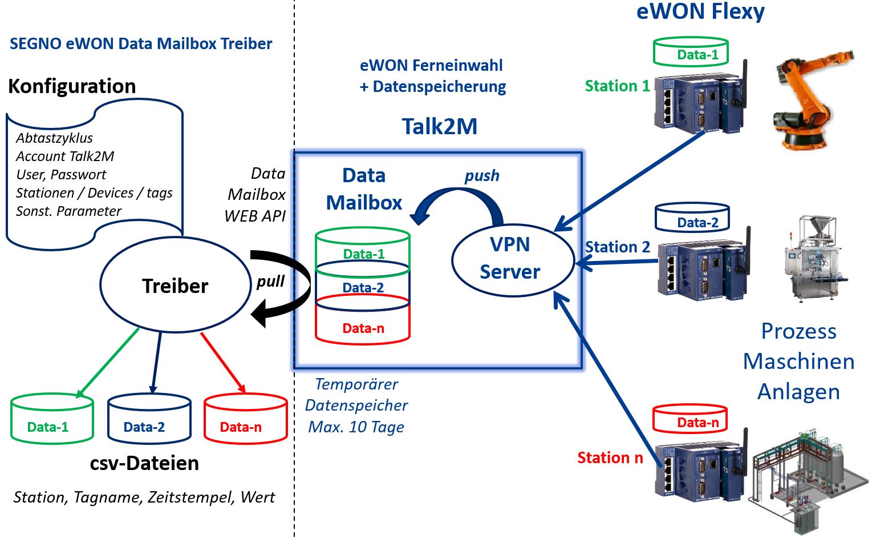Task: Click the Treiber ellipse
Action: pyautogui.click(x=175, y=286)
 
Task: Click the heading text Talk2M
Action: pyautogui.click(x=439, y=126)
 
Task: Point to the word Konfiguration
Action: pyautogui.click(x=72, y=86)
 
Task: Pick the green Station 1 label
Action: pyautogui.click(x=617, y=86)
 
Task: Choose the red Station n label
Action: pyautogui.click(x=610, y=458)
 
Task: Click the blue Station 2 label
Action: pyautogui.click(x=617, y=247)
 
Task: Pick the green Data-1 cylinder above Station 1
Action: pyautogui.click(x=691, y=53)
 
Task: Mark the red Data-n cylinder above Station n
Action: pyautogui.click(x=690, y=420)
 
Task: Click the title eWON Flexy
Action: pyautogui.click(x=700, y=11)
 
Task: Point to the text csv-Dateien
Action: pyautogui.click(x=144, y=463)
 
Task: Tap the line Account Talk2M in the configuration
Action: pyautogui.click(x=65, y=156)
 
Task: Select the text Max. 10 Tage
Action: pyautogui.click(x=356, y=427)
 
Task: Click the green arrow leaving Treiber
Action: pyautogui.click(x=108, y=363)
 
